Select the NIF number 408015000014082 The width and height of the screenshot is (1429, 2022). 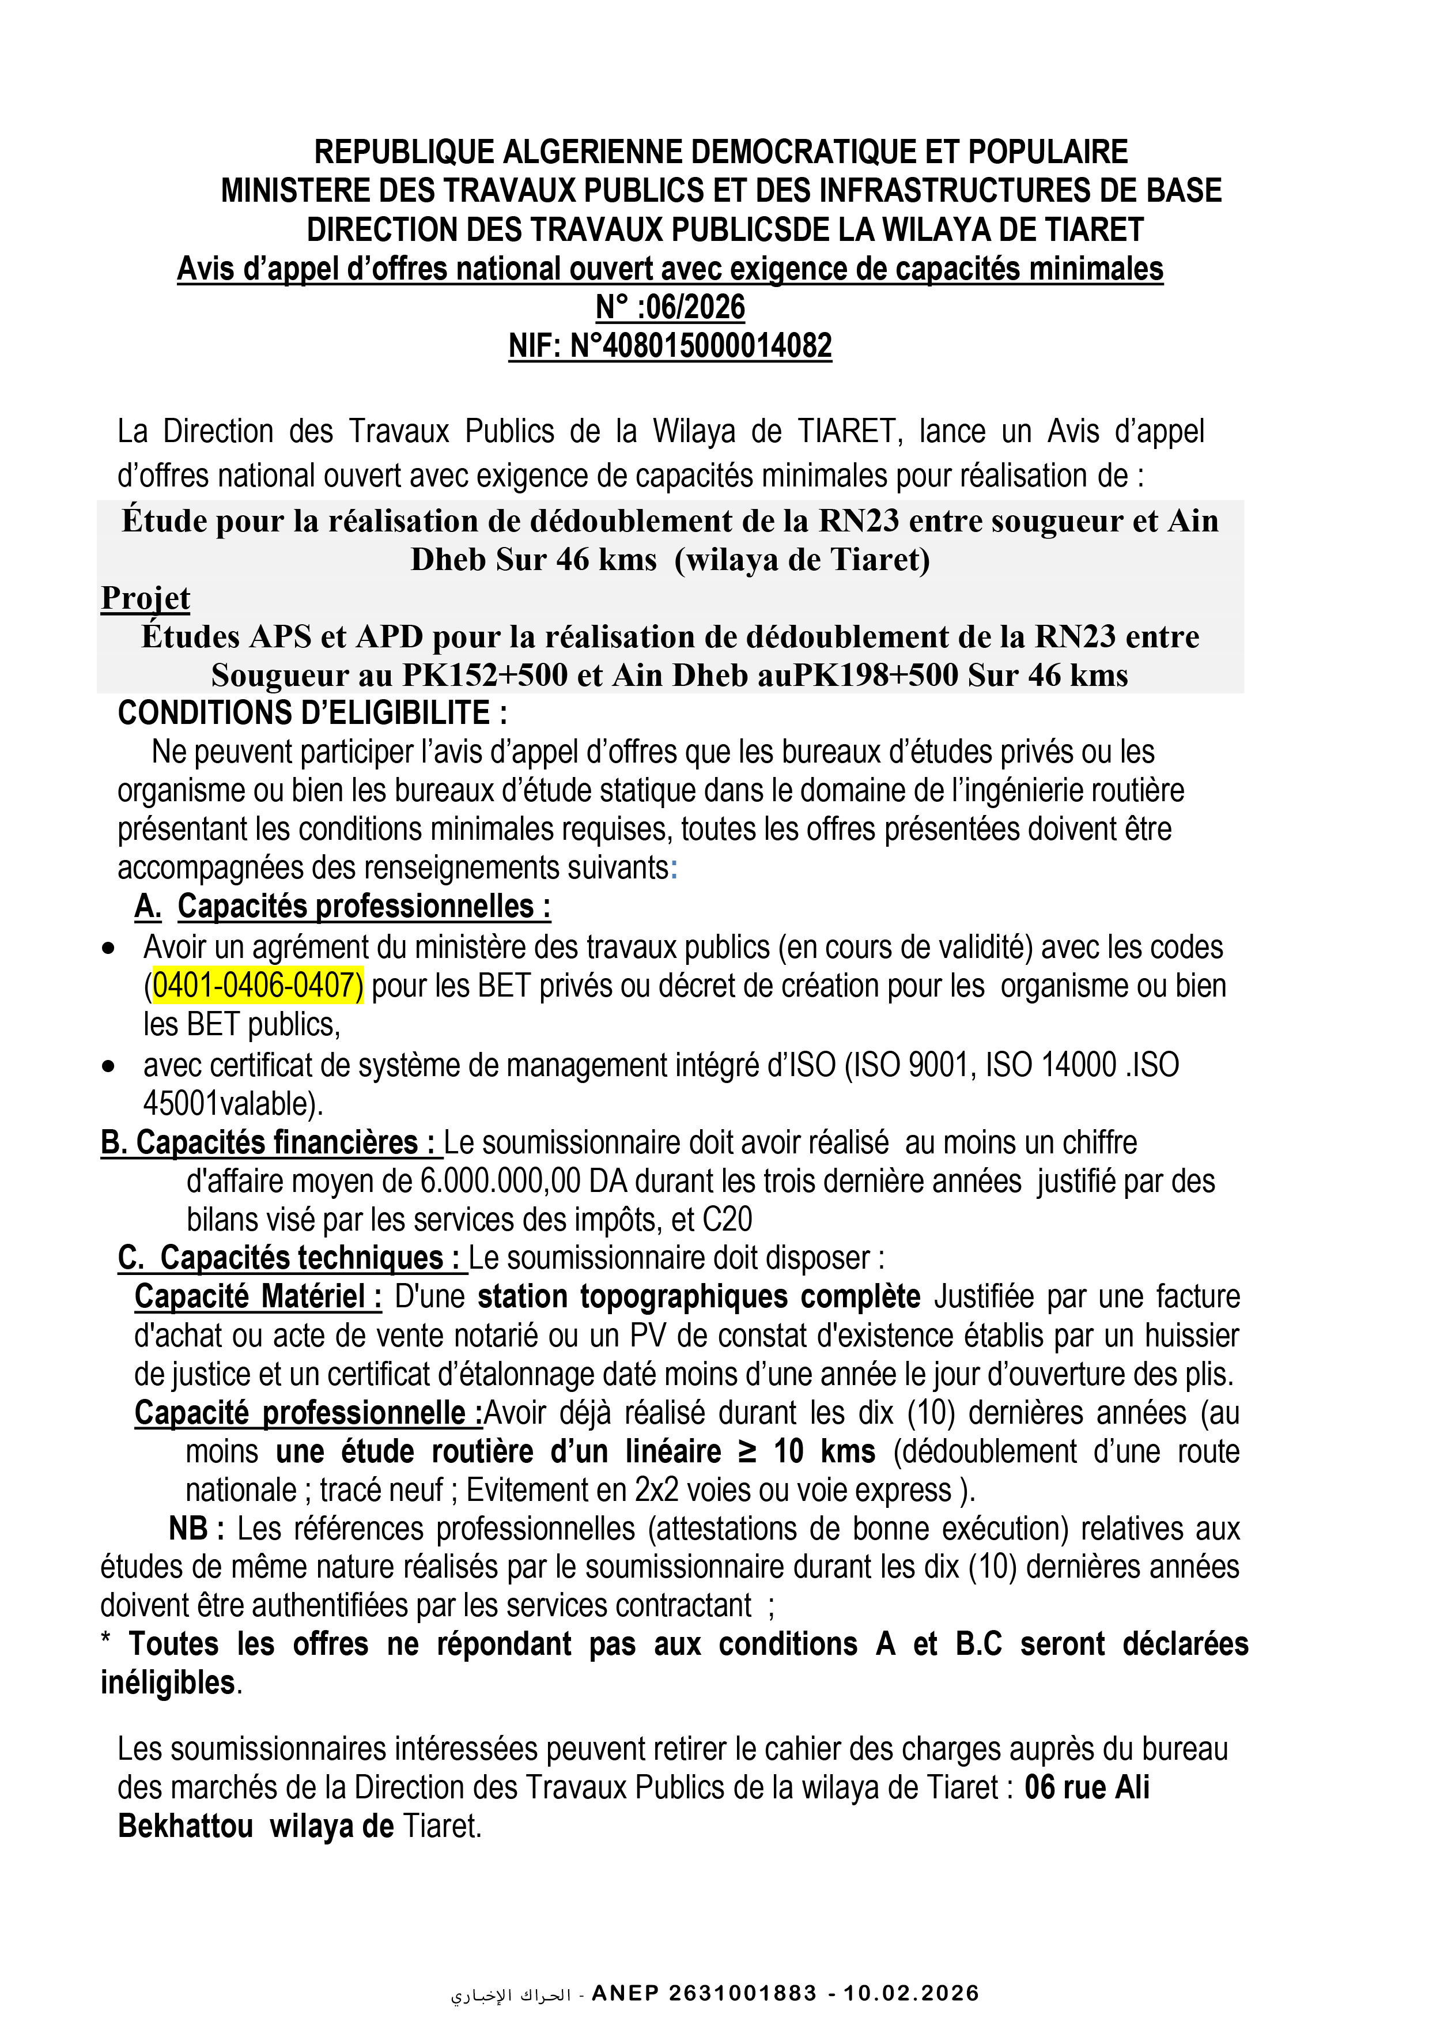click(x=717, y=346)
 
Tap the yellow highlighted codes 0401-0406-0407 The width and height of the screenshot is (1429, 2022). click(x=256, y=986)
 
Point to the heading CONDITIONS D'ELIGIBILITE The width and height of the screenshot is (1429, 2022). click(x=312, y=712)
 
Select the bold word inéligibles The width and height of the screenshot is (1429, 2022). click(x=167, y=1683)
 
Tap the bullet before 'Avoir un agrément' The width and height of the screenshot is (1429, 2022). click(x=108, y=949)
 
